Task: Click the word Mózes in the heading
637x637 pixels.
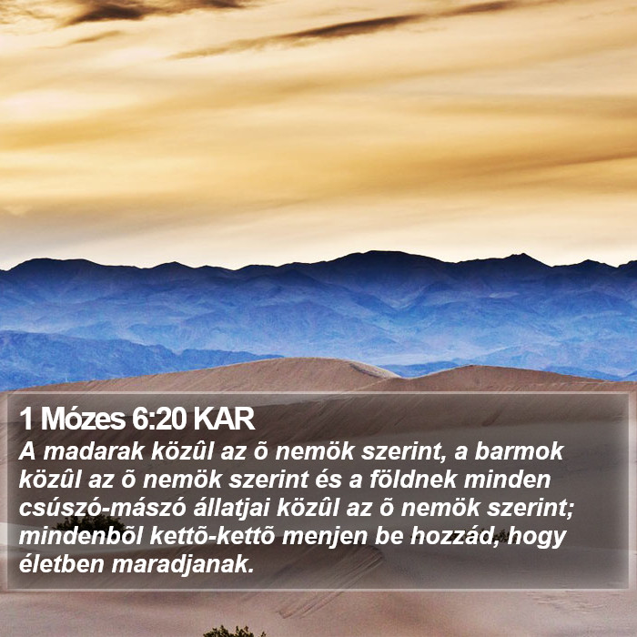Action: point(83,419)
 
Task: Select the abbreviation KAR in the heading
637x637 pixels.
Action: point(224,419)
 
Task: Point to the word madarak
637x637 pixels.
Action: point(94,451)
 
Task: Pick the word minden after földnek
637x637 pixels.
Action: point(507,480)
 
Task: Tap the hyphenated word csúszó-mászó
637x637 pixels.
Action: point(102,508)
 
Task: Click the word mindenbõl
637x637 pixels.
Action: point(81,536)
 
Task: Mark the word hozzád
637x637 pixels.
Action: point(455,537)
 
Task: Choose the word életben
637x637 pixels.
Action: point(62,564)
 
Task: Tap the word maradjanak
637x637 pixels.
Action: point(183,565)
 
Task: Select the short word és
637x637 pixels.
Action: point(326,480)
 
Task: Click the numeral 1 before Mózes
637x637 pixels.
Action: point(26,419)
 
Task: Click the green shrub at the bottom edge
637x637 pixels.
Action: point(235,632)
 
